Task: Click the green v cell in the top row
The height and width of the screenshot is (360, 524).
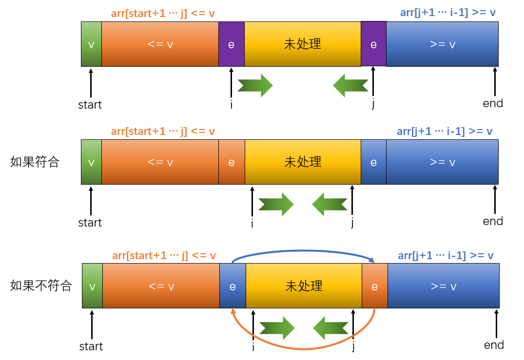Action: (x=91, y=44)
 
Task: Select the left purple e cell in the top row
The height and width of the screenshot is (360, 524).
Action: (x=231, y=44)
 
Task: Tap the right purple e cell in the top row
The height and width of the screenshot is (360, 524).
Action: (x=373, y=44)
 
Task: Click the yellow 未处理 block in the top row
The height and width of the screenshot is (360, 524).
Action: (x=302, y=44)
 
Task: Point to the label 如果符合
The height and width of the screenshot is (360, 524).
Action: (x=35, y=162)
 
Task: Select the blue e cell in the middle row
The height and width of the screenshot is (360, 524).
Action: (x=373, y=162)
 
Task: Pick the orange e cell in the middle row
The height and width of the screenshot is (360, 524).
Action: (x=232, y=162)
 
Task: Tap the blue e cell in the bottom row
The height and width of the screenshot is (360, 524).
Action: (x=233, y=286)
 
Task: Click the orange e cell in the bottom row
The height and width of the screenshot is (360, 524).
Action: (x=374, y=286)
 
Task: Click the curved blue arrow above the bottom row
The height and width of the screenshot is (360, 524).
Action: (x=302, y=251)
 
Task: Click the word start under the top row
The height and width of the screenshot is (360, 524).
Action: (x=90, y=105)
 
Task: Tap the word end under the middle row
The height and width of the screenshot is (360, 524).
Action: (x=493, y=222)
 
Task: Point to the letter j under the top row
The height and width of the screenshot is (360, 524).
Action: (x=373, y=104)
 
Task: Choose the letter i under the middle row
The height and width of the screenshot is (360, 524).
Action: (x=252, y=224)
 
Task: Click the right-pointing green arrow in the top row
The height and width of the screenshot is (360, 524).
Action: (x=255, y=85)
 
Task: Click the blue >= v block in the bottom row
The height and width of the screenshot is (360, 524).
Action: (x=443, y=286)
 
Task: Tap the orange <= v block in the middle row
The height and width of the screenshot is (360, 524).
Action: (x=160, y=162)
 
